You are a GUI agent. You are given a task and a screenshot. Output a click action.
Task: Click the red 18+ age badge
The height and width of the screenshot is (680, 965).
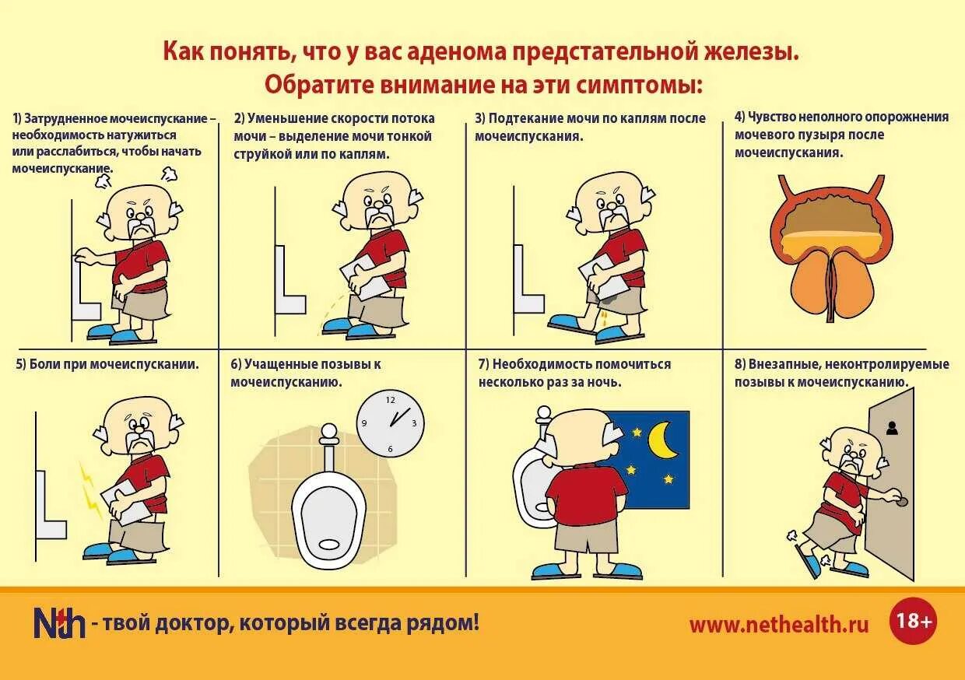(913, 621)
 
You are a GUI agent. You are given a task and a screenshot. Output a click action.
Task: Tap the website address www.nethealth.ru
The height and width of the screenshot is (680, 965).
(779, 625)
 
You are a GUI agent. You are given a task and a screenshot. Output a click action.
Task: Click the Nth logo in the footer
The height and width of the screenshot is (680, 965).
(59, 622)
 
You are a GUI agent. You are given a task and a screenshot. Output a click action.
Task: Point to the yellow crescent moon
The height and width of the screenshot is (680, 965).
(662, 440)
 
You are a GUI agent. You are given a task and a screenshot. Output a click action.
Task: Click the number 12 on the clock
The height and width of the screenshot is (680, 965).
(391, 400)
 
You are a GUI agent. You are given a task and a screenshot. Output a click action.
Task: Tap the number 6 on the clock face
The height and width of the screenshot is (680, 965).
(391, 449)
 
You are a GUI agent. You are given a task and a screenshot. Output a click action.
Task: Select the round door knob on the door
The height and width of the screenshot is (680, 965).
(901, 501)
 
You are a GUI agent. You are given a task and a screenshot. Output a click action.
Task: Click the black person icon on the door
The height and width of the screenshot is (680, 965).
(892, 428)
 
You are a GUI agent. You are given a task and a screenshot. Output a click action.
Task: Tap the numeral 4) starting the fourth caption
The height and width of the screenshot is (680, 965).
(739, 117)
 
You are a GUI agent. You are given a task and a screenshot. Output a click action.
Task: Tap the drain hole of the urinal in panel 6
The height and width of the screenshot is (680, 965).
(329, 545)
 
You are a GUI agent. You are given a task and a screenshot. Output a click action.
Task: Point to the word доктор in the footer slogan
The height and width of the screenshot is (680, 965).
(192, 623)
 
